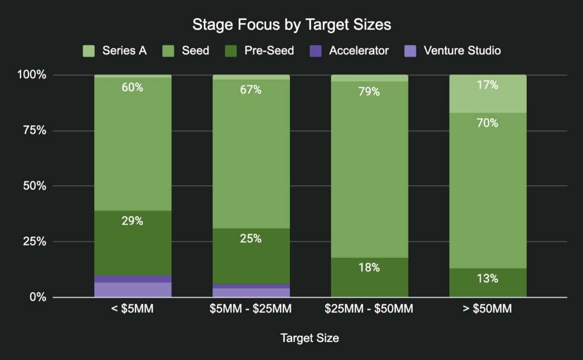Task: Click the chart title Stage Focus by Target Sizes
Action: pos(291,25)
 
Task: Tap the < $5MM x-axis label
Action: pos(133,310)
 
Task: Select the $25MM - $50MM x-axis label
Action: pos(369,310)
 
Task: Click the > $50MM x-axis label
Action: pos(488,310)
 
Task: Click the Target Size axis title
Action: pos(310,338)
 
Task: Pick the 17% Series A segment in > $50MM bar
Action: pos(488,94)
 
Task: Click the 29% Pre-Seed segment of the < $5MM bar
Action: pos(133,243)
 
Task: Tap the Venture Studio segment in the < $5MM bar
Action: pos(133,290)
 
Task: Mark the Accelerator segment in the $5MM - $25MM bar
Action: pos(251,287)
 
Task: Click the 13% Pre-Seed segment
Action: pos(488,283)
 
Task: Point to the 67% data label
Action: pos(251,90)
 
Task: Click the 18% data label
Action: pos(369,268)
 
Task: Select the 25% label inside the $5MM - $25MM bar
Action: pos(251,239)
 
